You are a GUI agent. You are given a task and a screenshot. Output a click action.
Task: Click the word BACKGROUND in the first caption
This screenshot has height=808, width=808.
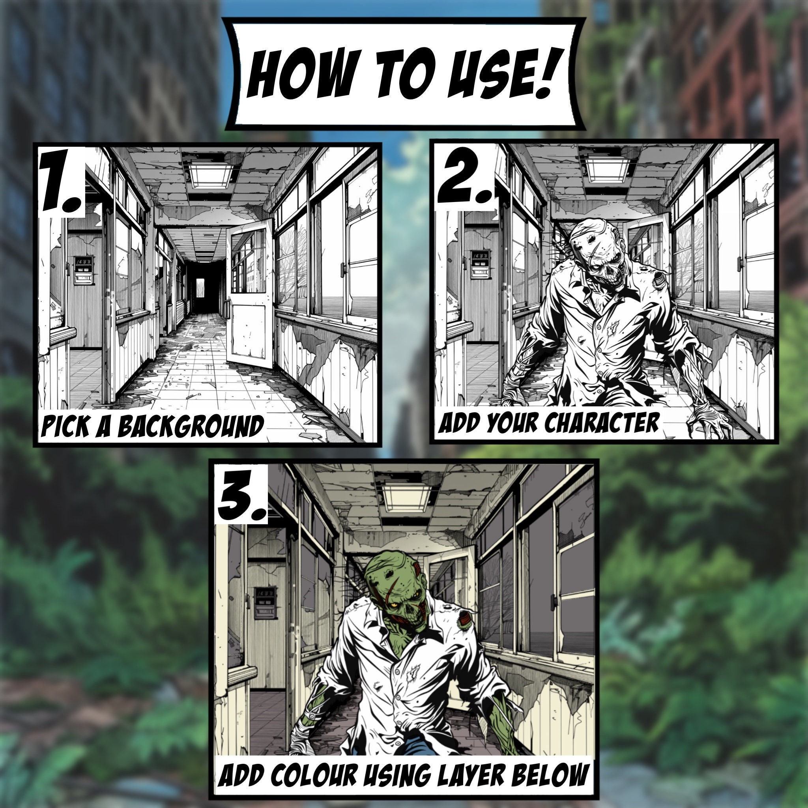190,426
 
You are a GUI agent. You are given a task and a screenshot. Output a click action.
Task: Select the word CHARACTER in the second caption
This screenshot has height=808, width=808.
602,423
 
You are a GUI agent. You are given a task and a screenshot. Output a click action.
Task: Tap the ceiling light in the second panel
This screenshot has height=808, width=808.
607,169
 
